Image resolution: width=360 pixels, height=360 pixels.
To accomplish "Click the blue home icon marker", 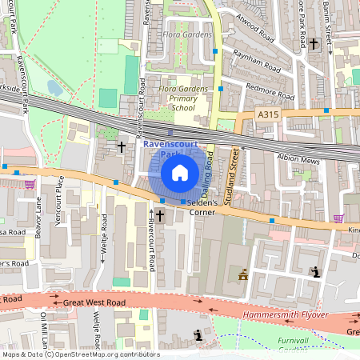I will [180, 172].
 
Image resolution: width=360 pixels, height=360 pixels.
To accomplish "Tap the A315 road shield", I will [270, 116].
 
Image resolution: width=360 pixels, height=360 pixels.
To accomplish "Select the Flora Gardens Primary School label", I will [182, 98].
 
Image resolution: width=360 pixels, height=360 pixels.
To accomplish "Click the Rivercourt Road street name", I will [150, 248].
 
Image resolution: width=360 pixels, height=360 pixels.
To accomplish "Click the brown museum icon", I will [242, 275].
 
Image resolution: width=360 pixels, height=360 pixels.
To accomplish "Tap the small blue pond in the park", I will [55, 87].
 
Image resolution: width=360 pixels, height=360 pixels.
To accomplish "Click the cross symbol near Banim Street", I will [314, 44].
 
